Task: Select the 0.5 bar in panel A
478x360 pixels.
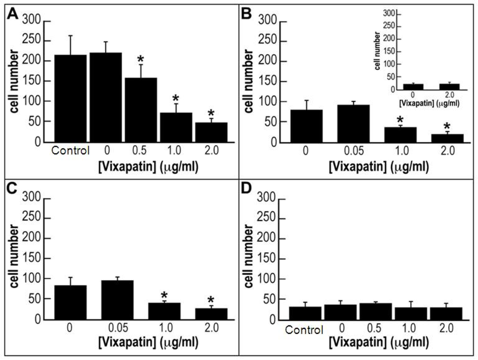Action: coord(141,110)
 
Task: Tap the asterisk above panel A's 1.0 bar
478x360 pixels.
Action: coord(176,98)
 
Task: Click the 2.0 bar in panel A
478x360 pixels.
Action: coord(211,132)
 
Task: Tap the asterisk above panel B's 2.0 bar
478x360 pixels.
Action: coord(447,126)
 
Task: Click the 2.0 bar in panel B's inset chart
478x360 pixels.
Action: coord(449,87)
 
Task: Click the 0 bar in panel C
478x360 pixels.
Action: coord(70,302)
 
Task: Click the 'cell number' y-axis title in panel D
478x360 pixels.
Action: coord(249,259)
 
